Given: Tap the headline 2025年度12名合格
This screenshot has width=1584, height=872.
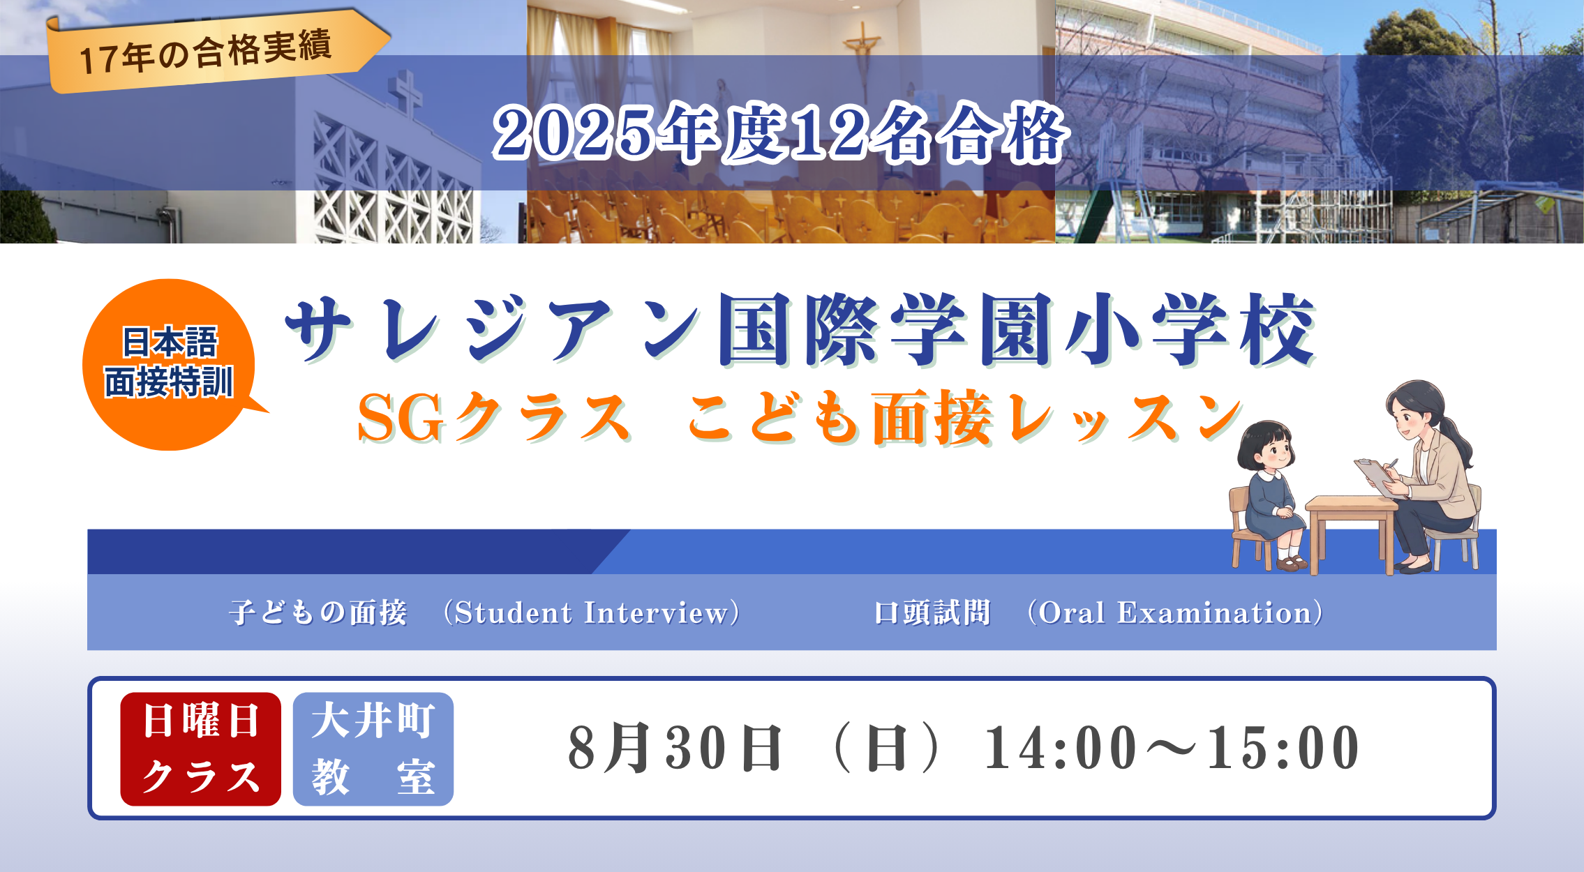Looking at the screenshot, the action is pyautogui.click(x=780, y=133).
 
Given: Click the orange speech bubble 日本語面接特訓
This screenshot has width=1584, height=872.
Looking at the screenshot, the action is pyautogui.click(x=172, y=364).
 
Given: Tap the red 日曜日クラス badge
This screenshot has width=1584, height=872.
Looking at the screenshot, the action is pyautogui.click(x=201, y=749).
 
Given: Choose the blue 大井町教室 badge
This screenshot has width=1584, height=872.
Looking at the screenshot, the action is pyautogui.click(x=373, y=749).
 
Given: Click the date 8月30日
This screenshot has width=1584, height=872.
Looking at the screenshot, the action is pyautogui.click(x=675, y=748).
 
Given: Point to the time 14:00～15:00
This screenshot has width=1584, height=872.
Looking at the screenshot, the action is pyautogui.click(x=1172, y=748).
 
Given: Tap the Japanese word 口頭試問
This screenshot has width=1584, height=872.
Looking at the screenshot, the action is pyautogui.click(x=932, y=612).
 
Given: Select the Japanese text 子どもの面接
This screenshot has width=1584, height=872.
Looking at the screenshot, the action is pyautogui.click(x=318, y=612).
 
